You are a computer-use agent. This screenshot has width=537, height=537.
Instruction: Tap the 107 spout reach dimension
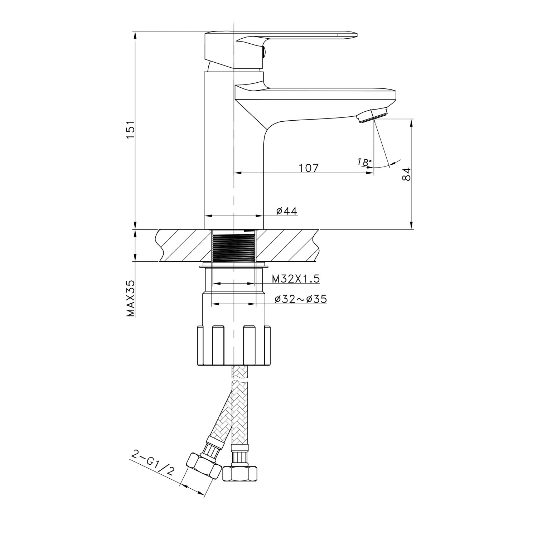(x=308, y=168)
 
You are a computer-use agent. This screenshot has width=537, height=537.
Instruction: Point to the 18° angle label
(x=364, y=162)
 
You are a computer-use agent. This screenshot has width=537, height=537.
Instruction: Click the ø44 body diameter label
(x=287, y=211)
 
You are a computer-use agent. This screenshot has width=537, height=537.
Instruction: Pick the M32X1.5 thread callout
(x=296, y=279)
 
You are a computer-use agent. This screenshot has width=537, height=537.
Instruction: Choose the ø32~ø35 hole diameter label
(x=301, y=299)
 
